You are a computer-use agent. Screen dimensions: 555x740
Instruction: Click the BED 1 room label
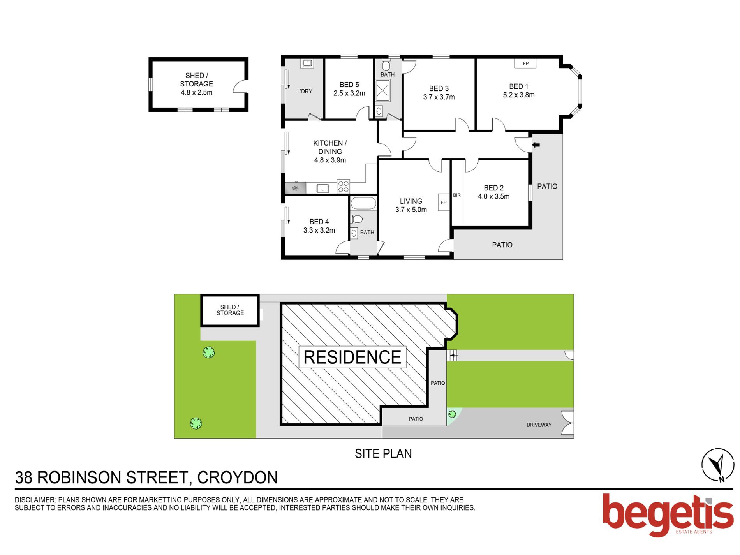point(518,86)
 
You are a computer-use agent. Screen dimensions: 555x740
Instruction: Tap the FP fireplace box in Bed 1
point(525,63)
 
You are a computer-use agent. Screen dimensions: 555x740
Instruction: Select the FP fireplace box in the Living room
point(443,203)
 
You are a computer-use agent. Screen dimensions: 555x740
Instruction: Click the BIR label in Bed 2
point(456,195)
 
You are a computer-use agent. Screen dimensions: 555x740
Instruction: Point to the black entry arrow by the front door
point(536,145)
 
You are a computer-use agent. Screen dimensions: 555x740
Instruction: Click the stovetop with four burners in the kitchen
point(343,186)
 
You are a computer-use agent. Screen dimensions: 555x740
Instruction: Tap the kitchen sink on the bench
point(322,189)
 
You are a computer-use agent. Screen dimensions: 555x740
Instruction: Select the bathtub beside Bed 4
point(363,203)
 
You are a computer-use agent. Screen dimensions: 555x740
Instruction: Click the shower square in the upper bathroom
point(382,91)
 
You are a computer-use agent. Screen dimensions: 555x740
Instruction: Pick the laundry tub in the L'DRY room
point(307,63)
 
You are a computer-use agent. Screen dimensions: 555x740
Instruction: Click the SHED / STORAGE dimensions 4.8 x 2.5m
point(197,93)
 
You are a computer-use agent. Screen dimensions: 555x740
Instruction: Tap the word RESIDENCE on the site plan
point(352,357)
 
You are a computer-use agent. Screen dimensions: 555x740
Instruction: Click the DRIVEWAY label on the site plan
point(539,425)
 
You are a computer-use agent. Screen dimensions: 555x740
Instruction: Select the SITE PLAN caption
point(383,454)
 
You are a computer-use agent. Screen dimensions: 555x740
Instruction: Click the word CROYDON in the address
point(237,478)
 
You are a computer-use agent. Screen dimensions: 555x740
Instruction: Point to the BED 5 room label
point(349,85)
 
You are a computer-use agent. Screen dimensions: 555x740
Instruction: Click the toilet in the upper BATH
point(386,65)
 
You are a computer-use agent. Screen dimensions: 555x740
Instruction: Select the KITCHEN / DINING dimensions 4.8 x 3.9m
point(330,160)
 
